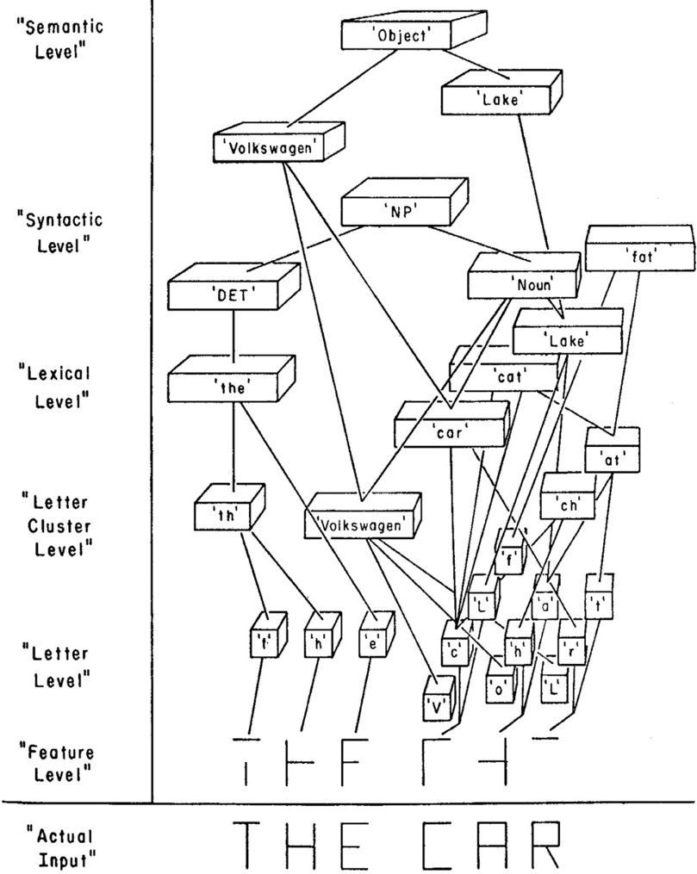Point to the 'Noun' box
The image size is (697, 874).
pyautogui.click(x=520, y=281)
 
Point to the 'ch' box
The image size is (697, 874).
pyautogui.click(x=567, y=505)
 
